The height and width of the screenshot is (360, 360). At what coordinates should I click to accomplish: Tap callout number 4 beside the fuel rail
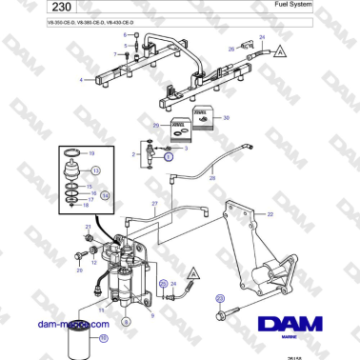(82, 80)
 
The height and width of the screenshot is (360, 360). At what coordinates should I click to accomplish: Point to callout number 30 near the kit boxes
(226, 118)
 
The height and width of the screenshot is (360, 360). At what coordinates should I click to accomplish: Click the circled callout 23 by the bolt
(220, 298)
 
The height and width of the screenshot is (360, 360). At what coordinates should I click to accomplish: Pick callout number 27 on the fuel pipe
(154, 204)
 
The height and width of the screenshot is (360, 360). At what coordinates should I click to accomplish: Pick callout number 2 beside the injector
(133, 152)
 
